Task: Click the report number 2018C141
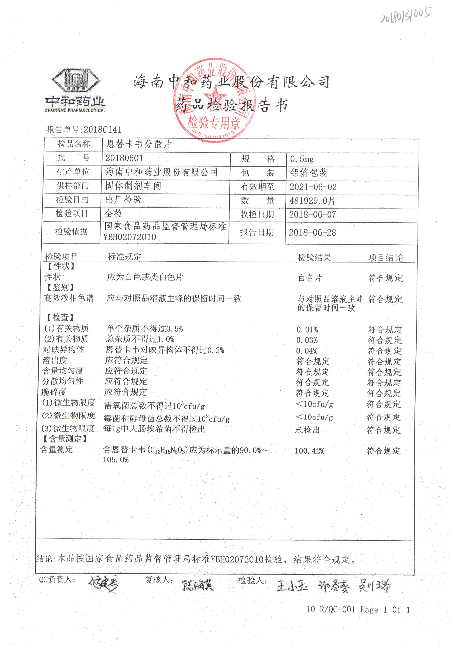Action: [x=102, y=130]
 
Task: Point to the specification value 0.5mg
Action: [x=302, y=159]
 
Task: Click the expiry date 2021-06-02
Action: [x=313, y=187]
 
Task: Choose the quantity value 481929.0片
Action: [x=312, y=201]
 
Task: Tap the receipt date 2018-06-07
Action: [x=312, y=215]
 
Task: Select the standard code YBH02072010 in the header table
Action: [x=129, y=237]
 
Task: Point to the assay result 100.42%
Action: [x=309, y=451]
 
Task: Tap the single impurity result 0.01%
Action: [x=307, y=330]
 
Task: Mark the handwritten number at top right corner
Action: [x=406, y=15]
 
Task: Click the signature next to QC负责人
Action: [x=103, y=585]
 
